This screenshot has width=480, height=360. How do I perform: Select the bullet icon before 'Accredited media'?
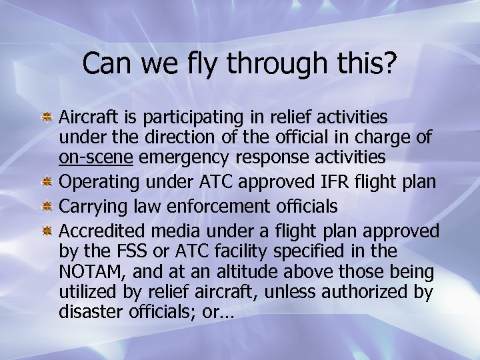coord(47,231)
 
